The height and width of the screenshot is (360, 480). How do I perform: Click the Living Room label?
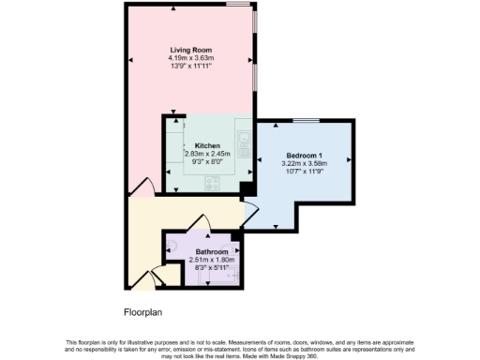click(190, 50)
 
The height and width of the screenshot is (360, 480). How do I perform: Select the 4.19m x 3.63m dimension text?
click(190, 58)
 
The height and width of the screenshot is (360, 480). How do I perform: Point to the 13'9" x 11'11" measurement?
click(190, 67)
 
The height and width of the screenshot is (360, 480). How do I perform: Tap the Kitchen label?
click(206, 145)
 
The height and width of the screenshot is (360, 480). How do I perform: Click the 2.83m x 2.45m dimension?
click(206, 154)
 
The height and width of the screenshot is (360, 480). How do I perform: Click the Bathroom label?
click(211, 251)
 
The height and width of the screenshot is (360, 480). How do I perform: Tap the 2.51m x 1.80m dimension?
click(211, 260)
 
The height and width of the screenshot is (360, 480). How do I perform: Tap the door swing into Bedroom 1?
click(251, 213)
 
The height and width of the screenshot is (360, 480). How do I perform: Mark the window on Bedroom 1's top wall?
click(305, 121)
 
